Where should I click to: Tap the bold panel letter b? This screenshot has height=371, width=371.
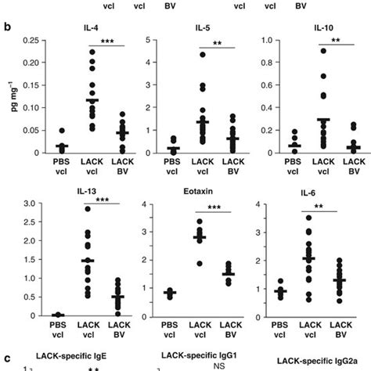[x=7, y=27]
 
